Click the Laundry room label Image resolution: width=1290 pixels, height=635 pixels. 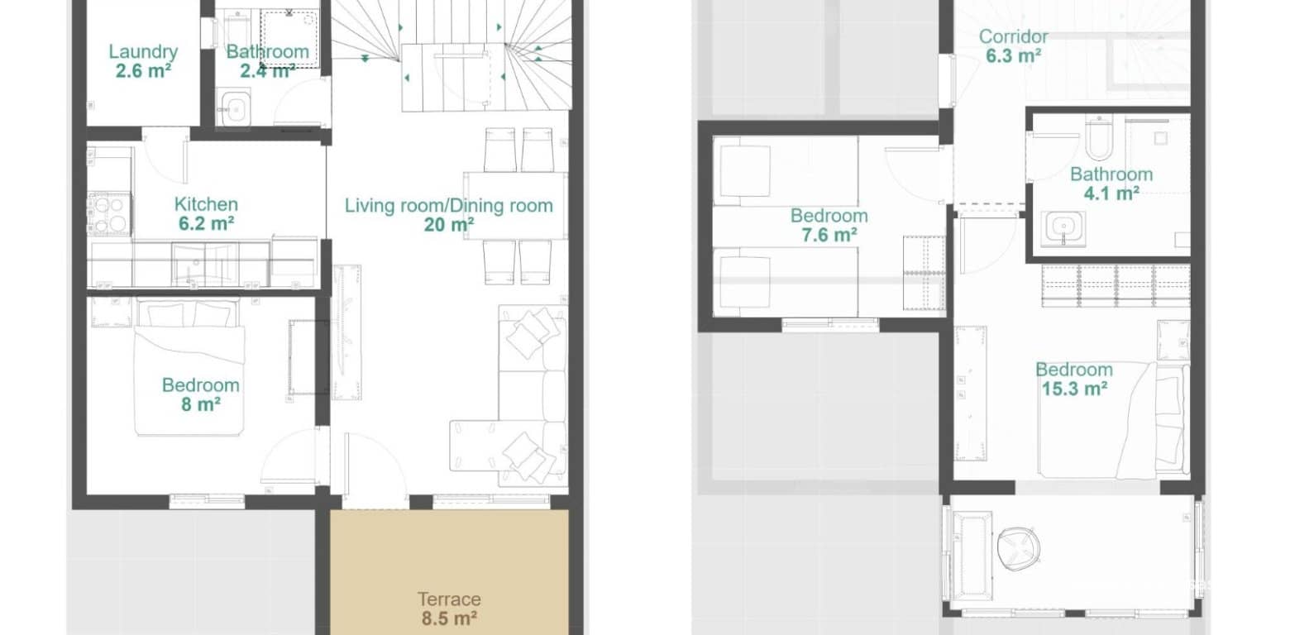pos(143,52)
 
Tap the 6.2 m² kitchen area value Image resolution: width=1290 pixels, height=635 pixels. pos(205,223)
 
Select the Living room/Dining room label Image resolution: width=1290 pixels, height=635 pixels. pos(448,206)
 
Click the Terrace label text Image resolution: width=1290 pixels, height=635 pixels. pos(448,599)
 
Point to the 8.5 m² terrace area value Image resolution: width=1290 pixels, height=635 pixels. pos(448,618)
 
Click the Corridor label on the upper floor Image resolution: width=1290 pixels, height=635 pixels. pos(1013,36)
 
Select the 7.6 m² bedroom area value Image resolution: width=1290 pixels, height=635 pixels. pos(829,235)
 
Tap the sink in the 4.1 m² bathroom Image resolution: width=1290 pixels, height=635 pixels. pos(1064,226)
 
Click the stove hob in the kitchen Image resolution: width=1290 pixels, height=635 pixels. pos(109,214)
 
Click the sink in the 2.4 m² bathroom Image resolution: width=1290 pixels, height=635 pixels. pos(234,108)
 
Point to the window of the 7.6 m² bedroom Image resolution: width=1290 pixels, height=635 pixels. pos(829,324)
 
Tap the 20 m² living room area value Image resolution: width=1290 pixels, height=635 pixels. pos(448,225)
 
